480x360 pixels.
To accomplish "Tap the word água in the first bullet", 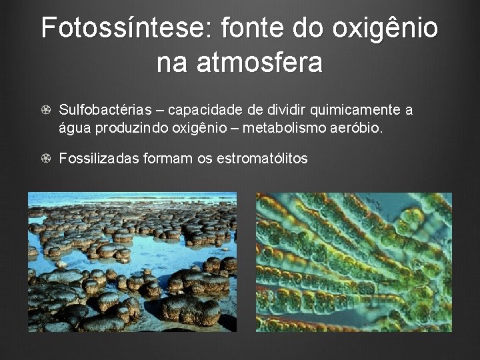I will point(75,127).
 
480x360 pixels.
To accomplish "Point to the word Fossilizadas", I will point(99,159).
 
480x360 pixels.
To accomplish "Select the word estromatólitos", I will point(262,159).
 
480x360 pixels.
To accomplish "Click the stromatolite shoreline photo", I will point(132,262).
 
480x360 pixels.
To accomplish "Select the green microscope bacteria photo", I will point(354,262).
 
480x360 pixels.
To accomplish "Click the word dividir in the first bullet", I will point(287,110).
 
